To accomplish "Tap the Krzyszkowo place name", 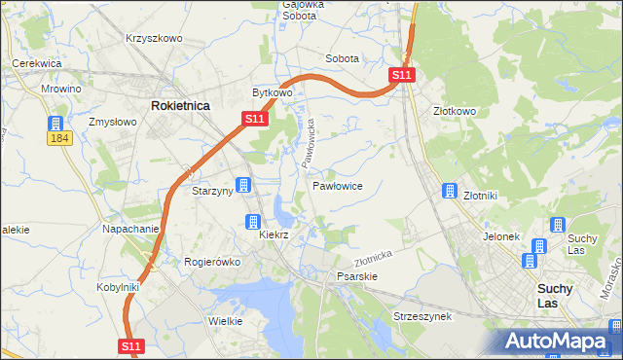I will [154, 38].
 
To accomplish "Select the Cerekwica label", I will [37, 62].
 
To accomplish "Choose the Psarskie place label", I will [356, 275].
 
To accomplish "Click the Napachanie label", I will [130, 229].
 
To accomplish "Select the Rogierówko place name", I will [212, 261].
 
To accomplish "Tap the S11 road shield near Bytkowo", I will [253, 119].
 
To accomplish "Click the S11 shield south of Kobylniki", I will [133, 345].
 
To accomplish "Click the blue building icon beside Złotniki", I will [450, 191].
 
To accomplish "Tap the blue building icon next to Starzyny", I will [244, 185].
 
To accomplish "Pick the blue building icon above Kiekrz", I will [253, 222].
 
